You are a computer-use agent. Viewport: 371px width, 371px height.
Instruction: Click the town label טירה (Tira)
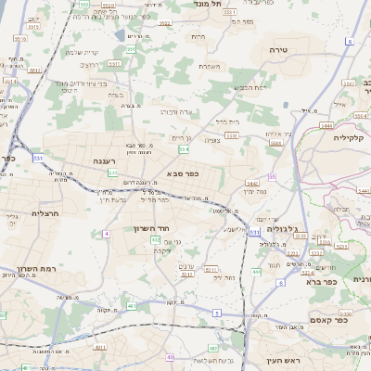(279, 50)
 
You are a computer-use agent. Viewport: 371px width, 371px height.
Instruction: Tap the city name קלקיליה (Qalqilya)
(352, 137)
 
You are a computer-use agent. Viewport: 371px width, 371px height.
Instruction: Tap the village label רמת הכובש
(249, 86)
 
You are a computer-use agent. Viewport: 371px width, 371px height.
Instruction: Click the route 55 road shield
(272, 176)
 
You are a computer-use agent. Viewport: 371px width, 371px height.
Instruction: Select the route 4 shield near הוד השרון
(107, 234)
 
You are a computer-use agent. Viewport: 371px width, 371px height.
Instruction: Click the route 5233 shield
(292, 251)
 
